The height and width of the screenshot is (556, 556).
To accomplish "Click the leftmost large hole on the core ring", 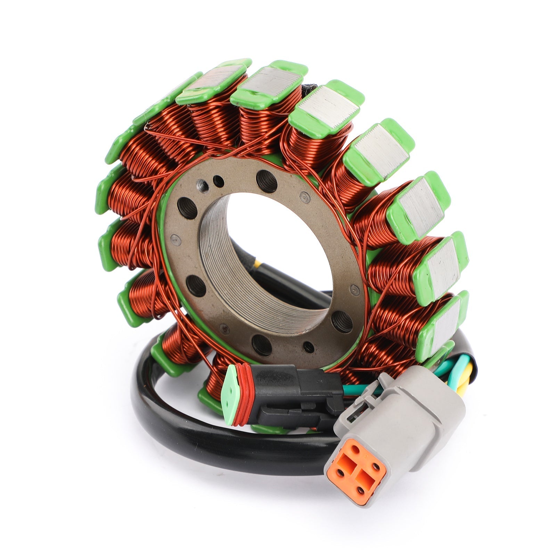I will (183, 208).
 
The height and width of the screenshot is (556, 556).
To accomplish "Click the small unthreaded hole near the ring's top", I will (219, 180).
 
